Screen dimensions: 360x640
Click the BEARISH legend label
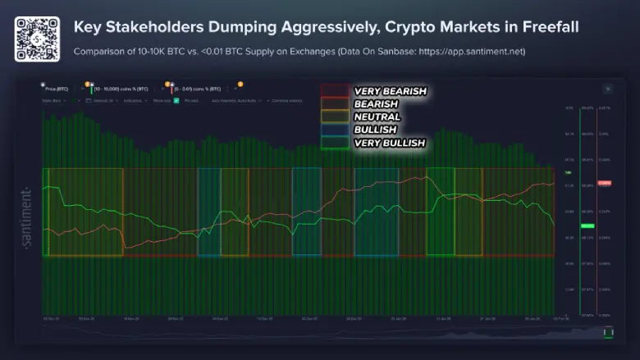point(377,104)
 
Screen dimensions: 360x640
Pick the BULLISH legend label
point(375,130)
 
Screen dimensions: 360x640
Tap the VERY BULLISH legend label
point(389,143)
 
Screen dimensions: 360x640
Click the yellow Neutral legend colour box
point(335,117)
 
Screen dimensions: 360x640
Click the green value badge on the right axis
point(587,226)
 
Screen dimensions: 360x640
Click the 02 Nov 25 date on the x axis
point(50,318)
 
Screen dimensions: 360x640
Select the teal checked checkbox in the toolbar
point(176,100)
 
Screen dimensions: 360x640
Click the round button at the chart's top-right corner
point(607,89)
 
